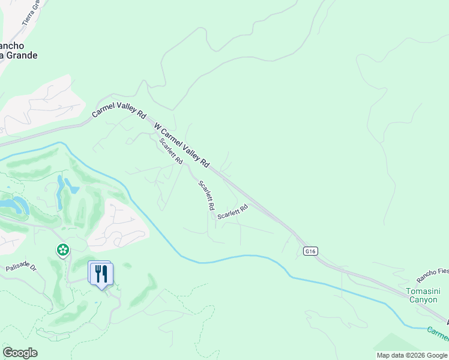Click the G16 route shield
point(310,251)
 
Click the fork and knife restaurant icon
point(101,274)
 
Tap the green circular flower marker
point(62,249)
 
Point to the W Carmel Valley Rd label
point(182,145)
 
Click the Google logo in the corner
point(20,353)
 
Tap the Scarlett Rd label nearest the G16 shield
point(232,212)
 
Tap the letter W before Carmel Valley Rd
point(158,127)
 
